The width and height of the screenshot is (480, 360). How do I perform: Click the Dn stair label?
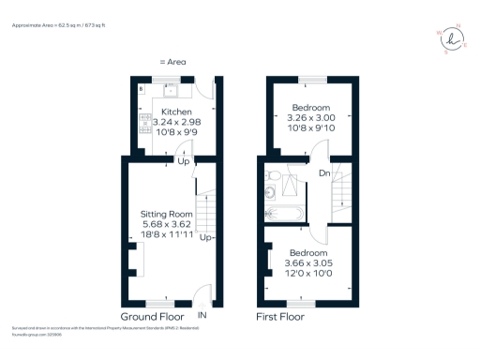[x=323, y=172]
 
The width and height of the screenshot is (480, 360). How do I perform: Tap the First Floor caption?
[x=280, y=317]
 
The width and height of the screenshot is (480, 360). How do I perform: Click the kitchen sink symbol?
[x=172, y=91]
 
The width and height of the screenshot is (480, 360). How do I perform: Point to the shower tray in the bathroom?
[x=292, y=187]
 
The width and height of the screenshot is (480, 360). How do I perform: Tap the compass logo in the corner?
[x=453, y=38]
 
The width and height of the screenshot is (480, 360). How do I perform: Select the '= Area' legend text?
[x=172, y=62]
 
